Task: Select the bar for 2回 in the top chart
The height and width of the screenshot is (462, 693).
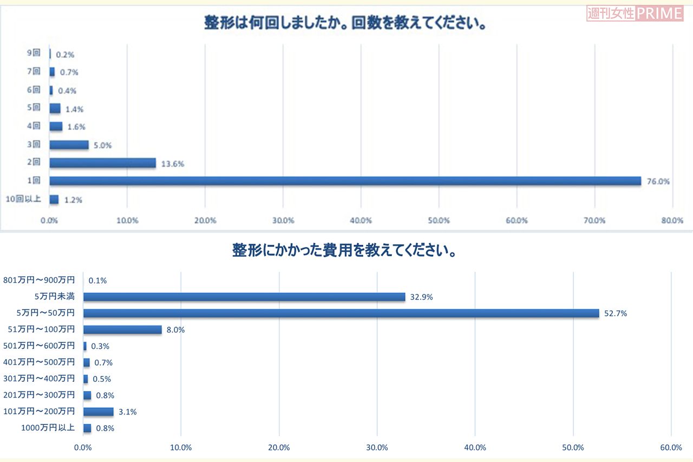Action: pyautogui.click(x=102, y=163)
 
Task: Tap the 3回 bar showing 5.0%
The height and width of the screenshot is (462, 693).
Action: pyautogui.click(x=69, y=145)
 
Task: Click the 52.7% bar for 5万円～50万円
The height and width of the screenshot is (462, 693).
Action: pyautogui.click(x=341, y=313)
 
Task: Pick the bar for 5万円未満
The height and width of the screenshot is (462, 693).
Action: pyautogui.click(x=244, y=297)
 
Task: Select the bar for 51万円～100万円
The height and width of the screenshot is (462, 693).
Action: pyautogui.click(x=122, y=329)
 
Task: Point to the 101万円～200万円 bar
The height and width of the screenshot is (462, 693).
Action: pyautogui.click(x=98, y=412)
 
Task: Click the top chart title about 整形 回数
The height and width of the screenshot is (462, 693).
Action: pyautogui.click(x=344, y=24)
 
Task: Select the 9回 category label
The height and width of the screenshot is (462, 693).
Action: pyautogui.click(x=34, y=54)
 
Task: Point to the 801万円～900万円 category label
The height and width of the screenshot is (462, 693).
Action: pyautogui.click(x=39, y=280)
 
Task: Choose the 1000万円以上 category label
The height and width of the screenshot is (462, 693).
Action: pyautogui.click(x=48, y=428)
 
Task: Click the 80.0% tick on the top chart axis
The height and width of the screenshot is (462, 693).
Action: pyautogui.click(x=672, y=220)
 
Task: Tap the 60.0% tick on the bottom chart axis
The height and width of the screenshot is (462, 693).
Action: pyautogui.click(x=671, y=447)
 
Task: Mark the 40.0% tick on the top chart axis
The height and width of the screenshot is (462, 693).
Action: pyautogui.click(x=361, y=220)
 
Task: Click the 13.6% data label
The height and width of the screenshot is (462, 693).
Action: pyautogui.click(x=173, y=164)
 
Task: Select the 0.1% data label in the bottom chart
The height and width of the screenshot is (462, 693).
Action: pyautogui.click(x=97, y=281)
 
